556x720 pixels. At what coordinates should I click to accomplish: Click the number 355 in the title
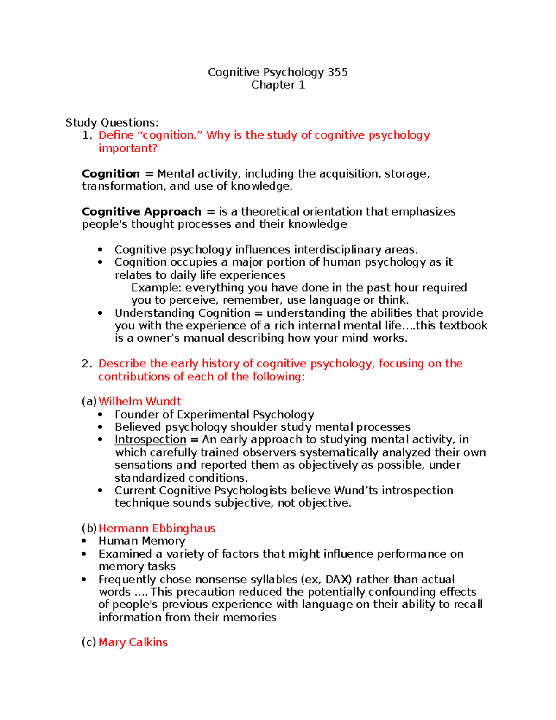[x=337, y=72]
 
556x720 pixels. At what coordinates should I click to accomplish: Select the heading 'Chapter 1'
[x=278, y=85]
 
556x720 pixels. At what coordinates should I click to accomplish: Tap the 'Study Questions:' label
[x=112, y=122]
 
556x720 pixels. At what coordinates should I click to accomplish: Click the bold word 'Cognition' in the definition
[x=111, y=174]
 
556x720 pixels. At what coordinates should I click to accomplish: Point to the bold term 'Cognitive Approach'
[x=141, y=212]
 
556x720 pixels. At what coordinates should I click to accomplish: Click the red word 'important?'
[x=127, y=148]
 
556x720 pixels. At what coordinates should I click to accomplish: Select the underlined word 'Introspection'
[x=150, y=440]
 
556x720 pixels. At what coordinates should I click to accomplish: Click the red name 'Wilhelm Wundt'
[x=139, y=401]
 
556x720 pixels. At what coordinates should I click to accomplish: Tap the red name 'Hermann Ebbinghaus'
[x=157, y=529]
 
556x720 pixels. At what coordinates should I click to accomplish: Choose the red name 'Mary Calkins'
[x=133, y=643]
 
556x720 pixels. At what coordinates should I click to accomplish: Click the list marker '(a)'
[x=89, y=401]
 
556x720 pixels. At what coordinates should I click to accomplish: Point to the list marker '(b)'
[x=89, y=529]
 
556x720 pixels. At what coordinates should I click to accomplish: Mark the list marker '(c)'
[x=89, y=643]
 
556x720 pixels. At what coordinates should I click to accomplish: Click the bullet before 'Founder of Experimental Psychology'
[x=101, y=414]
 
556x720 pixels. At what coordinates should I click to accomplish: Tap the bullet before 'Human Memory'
[x=84, y=541]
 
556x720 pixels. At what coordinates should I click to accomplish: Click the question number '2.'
[x=87, y=364]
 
